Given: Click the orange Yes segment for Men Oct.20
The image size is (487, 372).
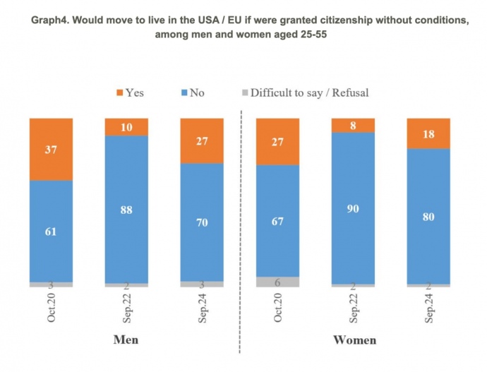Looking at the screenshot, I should click(50, 149).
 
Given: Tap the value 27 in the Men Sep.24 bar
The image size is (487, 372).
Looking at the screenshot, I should click(202, 140).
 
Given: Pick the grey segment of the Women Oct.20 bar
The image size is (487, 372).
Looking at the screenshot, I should click(277, 281).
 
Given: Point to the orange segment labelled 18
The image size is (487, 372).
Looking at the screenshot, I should click(428, 133).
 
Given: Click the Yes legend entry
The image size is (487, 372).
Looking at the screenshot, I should click(129, 92).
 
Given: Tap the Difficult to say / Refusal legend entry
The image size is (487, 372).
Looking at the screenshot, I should click(303, 92).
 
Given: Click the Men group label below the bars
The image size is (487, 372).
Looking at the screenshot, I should click(126, 340).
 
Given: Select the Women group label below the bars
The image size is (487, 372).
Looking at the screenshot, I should click(354, 340).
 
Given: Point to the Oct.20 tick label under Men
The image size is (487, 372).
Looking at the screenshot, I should click(51, 309).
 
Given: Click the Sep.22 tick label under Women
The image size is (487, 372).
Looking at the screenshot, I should click(353, 309).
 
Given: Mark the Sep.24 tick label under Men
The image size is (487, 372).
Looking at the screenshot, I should click(202, 309).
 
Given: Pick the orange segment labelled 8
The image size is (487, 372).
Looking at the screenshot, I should click(353, 126).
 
